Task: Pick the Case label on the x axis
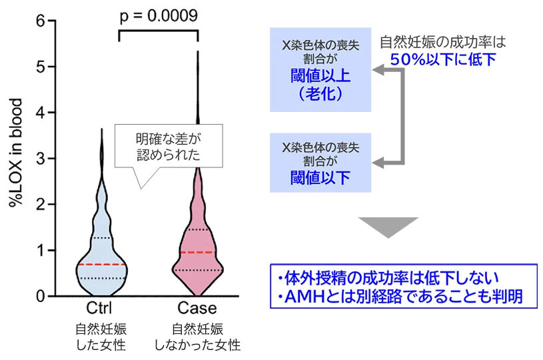pyautogui.click(x=197, y=309)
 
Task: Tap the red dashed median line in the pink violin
pyautogui.click(x=197, y=253)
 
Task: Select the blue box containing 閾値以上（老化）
pyautogui.click(x=320, y=69)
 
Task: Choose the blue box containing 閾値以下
pyautogui.click(x=320, y=162)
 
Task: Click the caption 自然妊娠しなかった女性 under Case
pyautogui.click(x=197, y=337)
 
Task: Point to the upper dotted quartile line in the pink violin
pyautogui.click(x=197, y=230)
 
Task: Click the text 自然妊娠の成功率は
pyautogui.click(x=442, y=42)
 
